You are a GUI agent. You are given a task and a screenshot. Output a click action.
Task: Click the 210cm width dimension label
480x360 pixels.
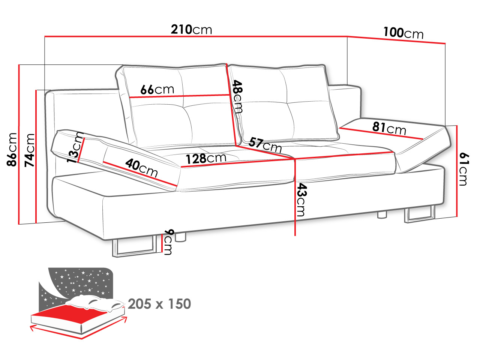191,29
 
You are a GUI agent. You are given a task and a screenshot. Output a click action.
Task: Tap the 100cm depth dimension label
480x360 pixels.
403,33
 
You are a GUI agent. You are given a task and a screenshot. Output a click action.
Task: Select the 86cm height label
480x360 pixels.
12,149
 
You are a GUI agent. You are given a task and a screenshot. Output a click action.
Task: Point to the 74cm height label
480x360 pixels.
29,150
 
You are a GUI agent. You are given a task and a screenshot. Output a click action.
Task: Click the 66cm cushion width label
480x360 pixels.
157,90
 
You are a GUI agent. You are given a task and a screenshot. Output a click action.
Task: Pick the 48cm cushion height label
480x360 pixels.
237,97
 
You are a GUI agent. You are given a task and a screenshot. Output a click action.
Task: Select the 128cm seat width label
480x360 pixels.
206,159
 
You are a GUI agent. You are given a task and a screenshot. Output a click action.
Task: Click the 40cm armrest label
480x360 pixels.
141,168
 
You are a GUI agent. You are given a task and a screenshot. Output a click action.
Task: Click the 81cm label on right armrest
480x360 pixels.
389,128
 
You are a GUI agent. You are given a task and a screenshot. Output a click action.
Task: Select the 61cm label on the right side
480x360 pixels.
464,169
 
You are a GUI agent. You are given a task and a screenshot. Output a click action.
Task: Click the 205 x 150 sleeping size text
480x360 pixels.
159,304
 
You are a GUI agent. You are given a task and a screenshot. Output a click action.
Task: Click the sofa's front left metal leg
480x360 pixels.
134,247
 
